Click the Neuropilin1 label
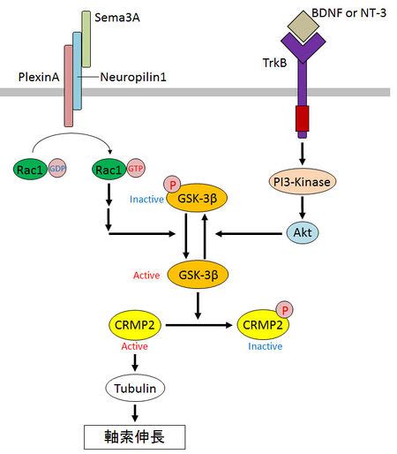133,77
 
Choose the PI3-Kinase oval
303,181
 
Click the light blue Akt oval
303,232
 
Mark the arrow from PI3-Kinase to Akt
303,207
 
